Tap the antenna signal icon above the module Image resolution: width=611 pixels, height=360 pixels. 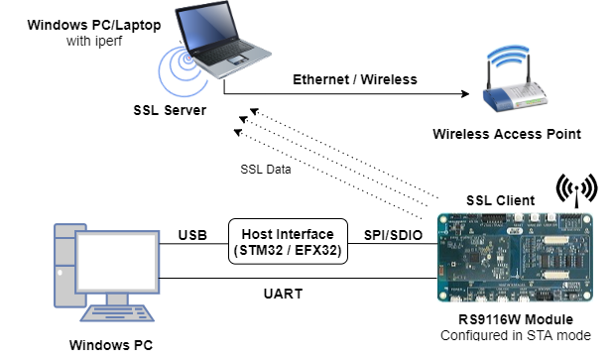(x=575, y=188)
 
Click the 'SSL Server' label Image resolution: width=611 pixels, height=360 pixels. (x=173, y=109)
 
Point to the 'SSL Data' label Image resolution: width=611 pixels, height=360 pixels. (x=265, y=168)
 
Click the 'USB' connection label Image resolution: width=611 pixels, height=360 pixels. (x=192, y=236)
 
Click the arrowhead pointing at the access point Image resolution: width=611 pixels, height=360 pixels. (x=461, y=94)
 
